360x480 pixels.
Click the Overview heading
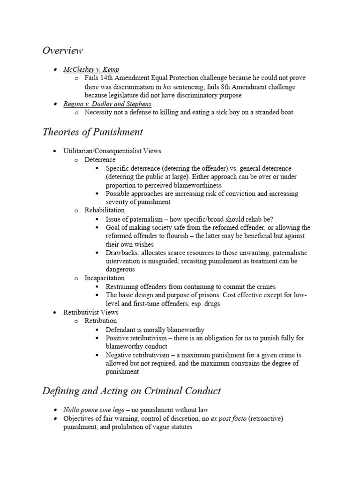tap(62, 51)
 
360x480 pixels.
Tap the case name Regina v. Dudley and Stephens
tap(107, 104)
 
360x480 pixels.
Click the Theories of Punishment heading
tap(92, 132)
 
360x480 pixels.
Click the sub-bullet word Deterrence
tap(100, 160)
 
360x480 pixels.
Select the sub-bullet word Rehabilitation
tap(105, 210)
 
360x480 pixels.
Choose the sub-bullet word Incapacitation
tap(105, 278)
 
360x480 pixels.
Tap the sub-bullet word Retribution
tap(101, 321)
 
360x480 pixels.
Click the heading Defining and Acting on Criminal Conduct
tap(131, 390)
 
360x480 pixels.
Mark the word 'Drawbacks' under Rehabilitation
tap(122, 253)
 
